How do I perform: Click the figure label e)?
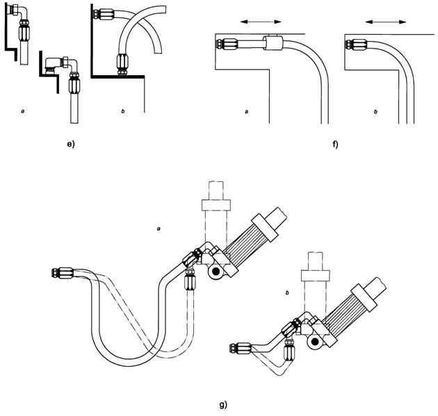point(70,145)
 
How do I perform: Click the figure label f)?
point(335,145)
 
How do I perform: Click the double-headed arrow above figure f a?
point(253,23)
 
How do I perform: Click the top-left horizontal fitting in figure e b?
point(107,14)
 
